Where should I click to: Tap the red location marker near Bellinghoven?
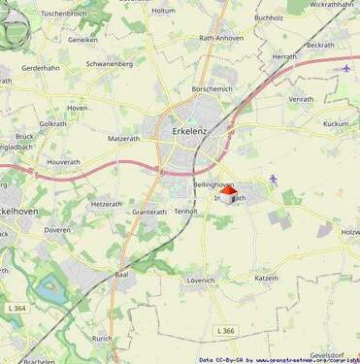(x=228, y=192)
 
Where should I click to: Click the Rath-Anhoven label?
(x=220, y=38)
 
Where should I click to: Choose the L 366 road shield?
(x=226, y=331)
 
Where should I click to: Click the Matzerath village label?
(x=124, y=139)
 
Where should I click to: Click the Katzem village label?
(x=265, y=278)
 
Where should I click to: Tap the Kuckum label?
(x=336, y=124)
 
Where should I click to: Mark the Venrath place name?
(x=301, y=99)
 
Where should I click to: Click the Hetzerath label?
(x=107, y=204)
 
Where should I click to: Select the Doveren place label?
(x=57, y=230)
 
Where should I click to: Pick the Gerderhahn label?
(x=41, y=69)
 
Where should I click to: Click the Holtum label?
(x=164, y=10)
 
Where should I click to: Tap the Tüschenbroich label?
(x=64, y=14)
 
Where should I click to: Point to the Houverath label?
(x=63, y=161)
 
